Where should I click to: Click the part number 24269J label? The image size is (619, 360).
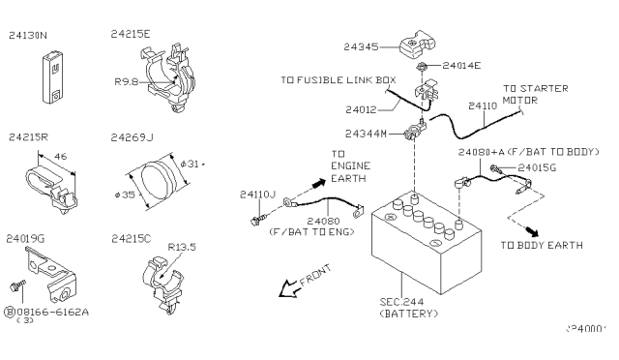point(133,138)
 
